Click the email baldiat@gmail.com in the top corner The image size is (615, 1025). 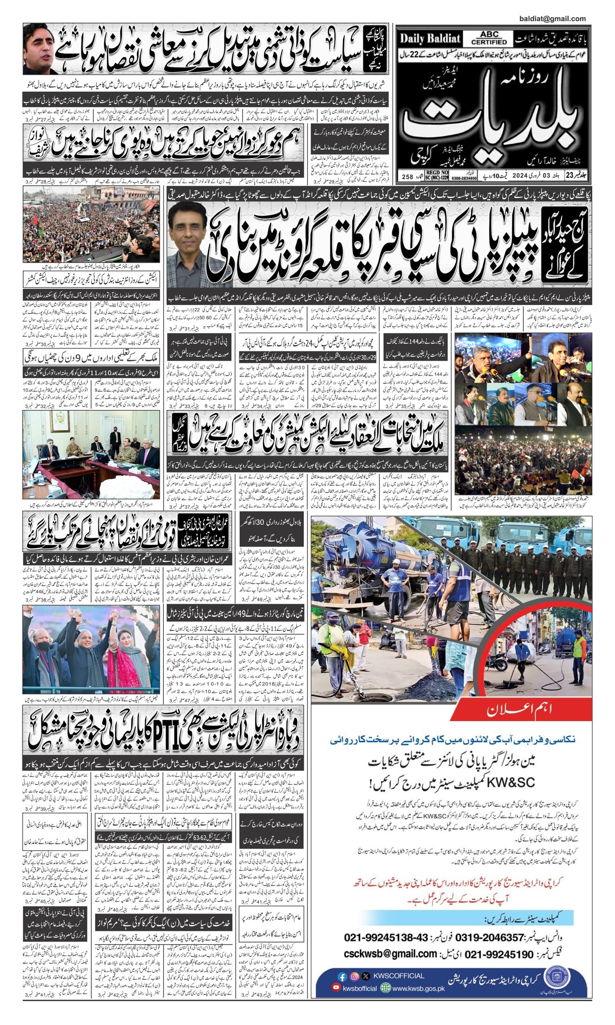552,19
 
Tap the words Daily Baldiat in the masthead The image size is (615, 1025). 430,39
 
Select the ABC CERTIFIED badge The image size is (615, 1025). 489,38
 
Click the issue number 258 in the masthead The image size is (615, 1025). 407,176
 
